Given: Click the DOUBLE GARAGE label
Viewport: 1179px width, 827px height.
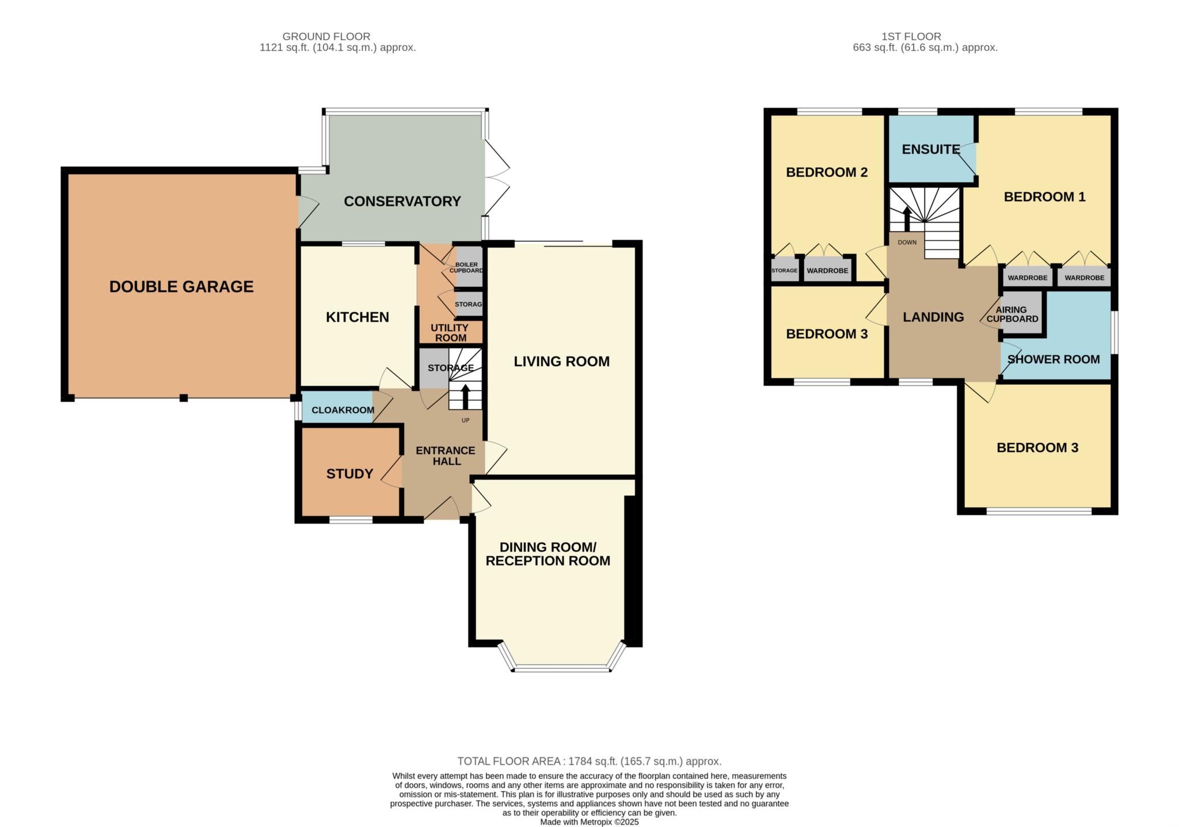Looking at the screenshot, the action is tap(181, 287).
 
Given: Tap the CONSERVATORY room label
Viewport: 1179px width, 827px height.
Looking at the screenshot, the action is tap(402, 202).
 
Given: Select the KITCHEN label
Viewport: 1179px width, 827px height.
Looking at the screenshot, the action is tap(357, 317).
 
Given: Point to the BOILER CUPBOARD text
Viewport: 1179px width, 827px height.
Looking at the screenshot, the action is tap(466, 267).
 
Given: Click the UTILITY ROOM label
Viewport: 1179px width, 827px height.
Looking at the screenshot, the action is tap(450, 333).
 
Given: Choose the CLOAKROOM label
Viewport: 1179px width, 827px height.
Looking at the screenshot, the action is tap(343, 410).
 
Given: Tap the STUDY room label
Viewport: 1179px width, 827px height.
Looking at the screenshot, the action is tap(350, 474).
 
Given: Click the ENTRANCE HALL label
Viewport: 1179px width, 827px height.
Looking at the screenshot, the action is tap(446, 456).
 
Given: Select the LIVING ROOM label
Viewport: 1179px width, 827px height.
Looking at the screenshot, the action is tap(562, 362).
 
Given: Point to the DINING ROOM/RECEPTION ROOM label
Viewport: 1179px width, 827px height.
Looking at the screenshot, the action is tap(548, 554).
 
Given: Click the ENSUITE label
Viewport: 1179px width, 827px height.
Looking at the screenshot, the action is tap(931, 150).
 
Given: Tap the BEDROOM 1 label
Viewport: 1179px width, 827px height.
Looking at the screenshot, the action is tap(1045, 197).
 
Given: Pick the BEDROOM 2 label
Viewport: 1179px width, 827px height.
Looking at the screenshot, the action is tap(827, 172).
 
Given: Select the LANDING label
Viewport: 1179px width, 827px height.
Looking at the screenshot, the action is tap(933, 317).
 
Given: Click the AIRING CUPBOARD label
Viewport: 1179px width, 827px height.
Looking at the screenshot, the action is tap(1013, 314).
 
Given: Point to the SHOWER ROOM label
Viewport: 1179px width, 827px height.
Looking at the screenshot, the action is tap(1054, 360).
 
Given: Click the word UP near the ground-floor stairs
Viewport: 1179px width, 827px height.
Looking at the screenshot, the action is tap(466, 420).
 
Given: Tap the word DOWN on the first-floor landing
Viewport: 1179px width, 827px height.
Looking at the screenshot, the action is tap(907, 242).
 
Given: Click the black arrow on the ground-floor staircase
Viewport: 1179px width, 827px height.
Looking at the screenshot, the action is tap(465, 397).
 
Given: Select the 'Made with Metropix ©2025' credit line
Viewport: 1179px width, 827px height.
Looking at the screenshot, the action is tap(589, 822).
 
